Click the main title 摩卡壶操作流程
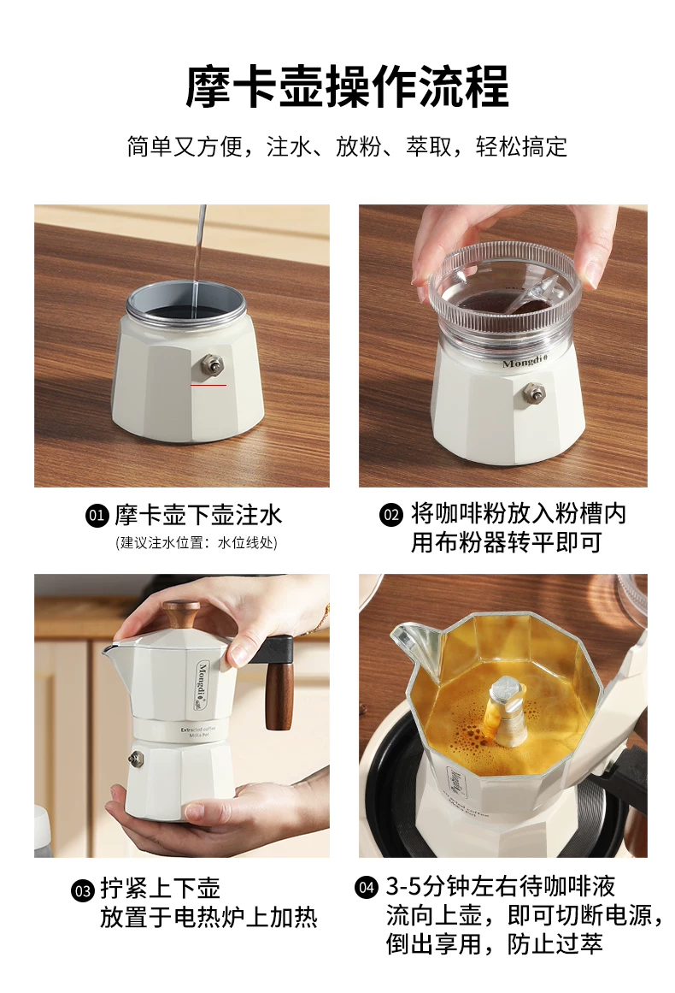coord(347,86)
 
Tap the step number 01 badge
coord(97,516)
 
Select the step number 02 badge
coord(391,515)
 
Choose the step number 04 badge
coord(367,887)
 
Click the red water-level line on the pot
coord(208,384)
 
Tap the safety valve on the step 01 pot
coord(211,365)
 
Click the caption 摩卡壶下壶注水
coord(198,516)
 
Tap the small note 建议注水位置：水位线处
coord(197,543)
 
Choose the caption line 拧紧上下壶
coord(160,889)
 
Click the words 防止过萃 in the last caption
coord(555,943)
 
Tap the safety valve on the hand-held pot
coord(135,758)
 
